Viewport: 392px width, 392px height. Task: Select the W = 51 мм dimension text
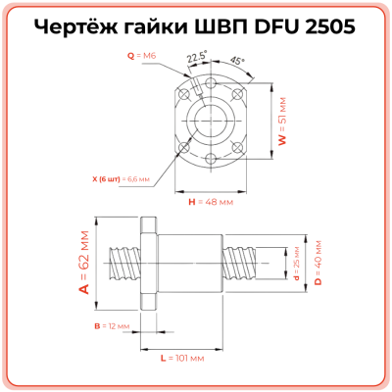coord(282,127)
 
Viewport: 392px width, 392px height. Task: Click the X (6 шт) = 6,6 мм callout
coord(116,179)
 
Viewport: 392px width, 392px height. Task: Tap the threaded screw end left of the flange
coord(125,262)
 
